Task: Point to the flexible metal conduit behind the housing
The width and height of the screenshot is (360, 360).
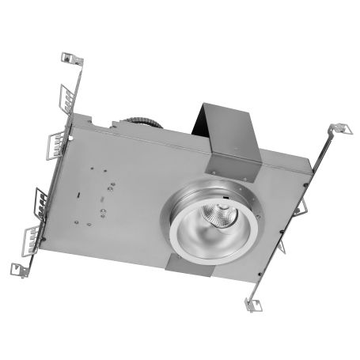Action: click(142, 122)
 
